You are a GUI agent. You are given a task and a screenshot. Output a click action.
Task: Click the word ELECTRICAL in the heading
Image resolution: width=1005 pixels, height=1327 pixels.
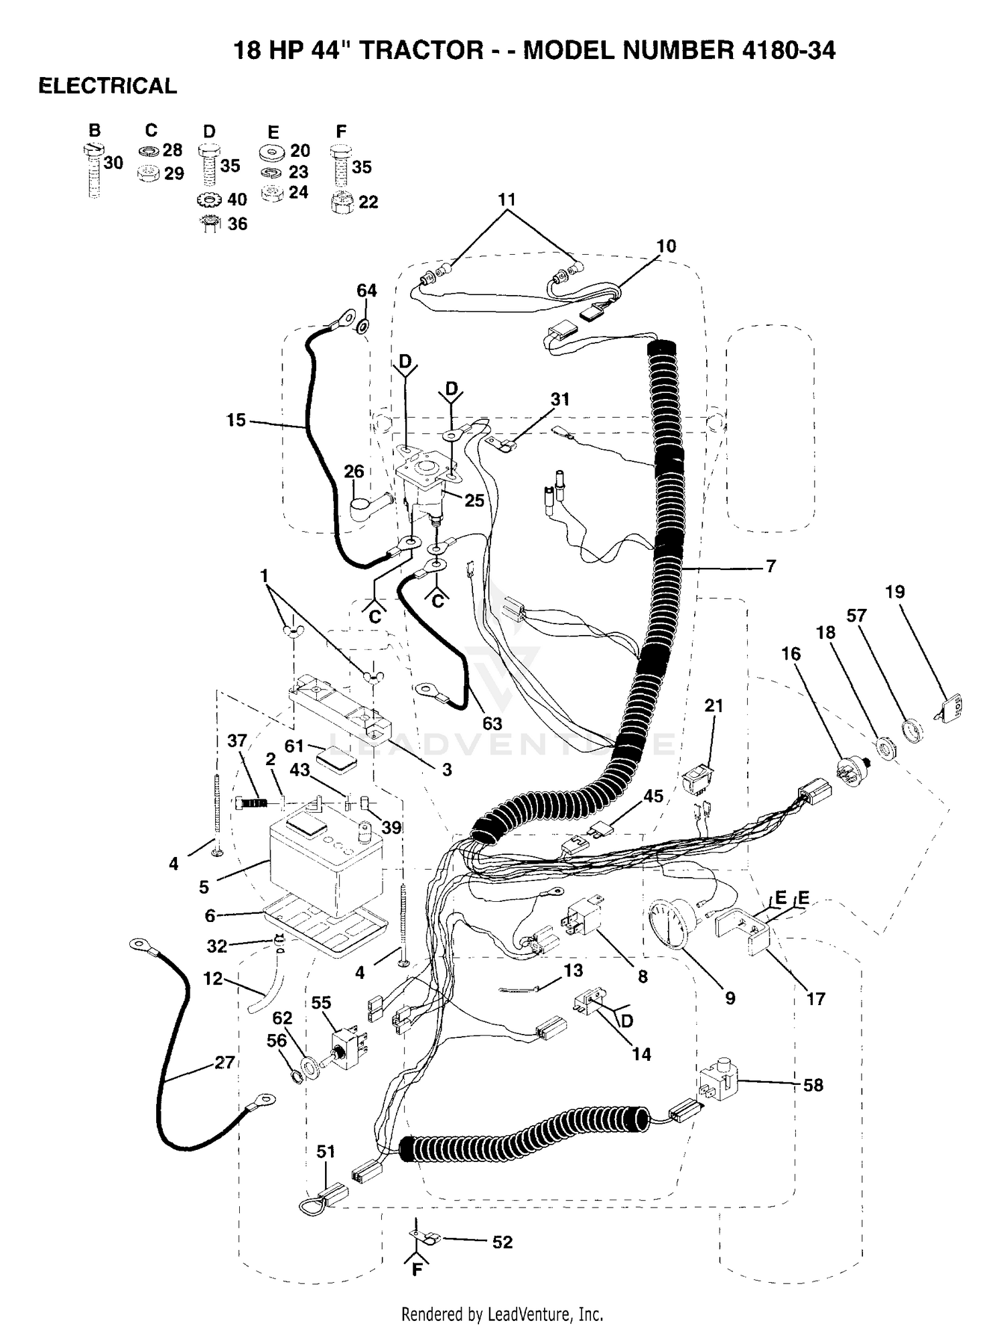[x=108, y=86]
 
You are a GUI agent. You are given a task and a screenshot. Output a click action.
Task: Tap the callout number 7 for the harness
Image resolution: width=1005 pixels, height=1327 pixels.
[x=770, y=566]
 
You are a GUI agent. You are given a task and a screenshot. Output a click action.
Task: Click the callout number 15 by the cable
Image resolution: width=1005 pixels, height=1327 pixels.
[x=236, y=420]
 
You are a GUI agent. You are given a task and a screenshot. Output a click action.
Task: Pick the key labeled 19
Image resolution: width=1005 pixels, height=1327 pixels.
[x=950, y=709]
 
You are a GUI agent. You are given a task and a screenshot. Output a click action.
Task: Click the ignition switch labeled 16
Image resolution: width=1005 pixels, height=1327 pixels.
[x=854, y=771]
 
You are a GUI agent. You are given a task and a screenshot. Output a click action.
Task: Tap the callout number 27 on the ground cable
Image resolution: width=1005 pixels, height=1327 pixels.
[x=224, y=1062]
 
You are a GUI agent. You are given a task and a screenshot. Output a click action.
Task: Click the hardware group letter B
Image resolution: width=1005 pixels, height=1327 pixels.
[x=94, y=130]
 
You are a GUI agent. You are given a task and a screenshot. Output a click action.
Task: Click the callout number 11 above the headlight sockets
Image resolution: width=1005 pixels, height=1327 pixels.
[x=507, y=199]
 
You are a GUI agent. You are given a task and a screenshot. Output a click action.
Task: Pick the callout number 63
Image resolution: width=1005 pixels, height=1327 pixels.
[x=492, y=724]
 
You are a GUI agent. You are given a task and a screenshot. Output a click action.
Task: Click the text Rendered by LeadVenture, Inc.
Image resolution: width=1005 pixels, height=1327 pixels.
[x=502, y=1313]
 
